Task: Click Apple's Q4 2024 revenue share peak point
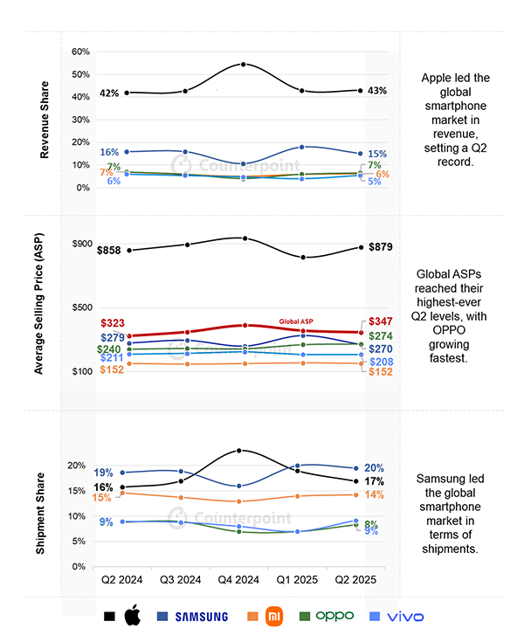(243, 65)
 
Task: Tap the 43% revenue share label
(377, 91)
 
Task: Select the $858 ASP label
(109, 250)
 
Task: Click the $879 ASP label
(380, 247)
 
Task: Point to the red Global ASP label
(296, 321)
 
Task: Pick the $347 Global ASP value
(380, 321)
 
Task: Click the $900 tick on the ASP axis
(82, 244)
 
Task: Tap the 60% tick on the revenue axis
(80, 52)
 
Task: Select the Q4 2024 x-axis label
(238, 580)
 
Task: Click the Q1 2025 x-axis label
(297, 580)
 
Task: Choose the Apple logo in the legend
(132, 616)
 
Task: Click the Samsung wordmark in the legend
(202, 617)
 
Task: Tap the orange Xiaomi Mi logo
(274, 616)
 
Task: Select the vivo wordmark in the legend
(405, 617)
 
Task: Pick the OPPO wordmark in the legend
(334, 616)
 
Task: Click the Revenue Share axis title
(45, 120)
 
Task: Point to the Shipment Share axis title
(39, 514)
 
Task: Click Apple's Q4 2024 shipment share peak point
(239, 451)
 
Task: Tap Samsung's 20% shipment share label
(374, 468)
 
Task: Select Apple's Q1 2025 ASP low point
(303, 257)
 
